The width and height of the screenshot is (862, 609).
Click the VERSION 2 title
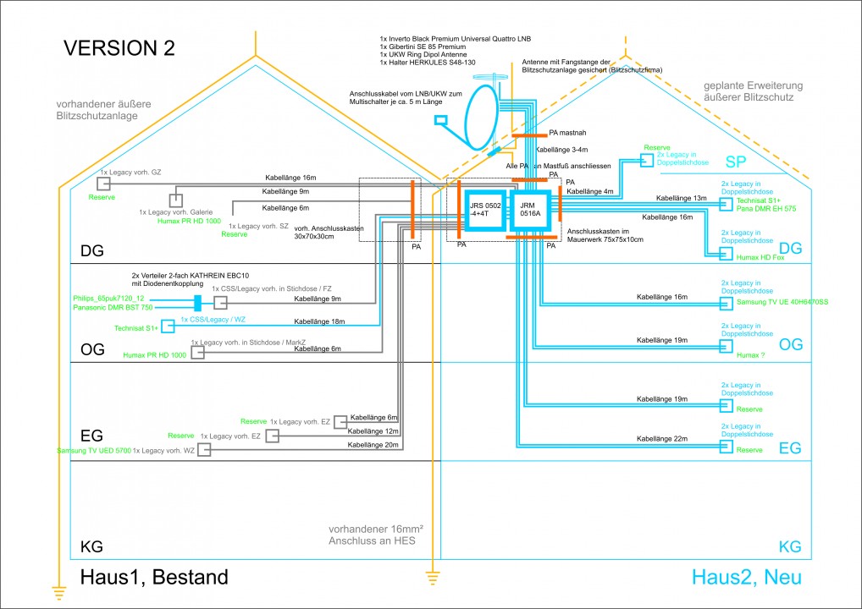119,48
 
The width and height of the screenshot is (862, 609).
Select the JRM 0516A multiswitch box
530,210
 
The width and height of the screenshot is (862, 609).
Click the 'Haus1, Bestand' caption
154,578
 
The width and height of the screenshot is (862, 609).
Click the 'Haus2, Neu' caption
746,578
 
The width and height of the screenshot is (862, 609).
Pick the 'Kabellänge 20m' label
372,445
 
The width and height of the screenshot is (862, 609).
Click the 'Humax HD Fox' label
760,257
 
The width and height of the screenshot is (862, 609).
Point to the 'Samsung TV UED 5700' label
92,451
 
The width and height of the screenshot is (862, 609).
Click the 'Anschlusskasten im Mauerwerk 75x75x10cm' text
605,235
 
